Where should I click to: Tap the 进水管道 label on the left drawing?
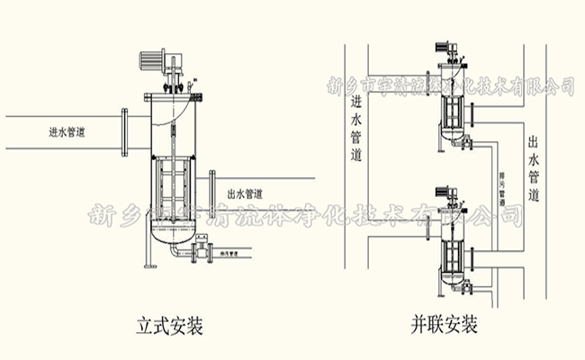67,131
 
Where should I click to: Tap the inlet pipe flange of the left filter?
125,131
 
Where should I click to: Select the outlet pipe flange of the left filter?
211,192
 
